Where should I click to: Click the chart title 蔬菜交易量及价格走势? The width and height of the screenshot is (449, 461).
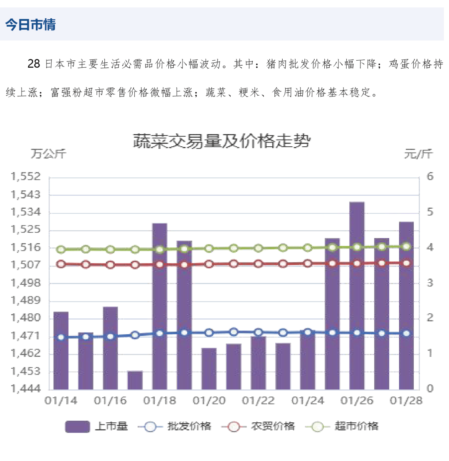pos(222,141)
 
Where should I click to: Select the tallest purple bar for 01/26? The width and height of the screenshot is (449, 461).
pos(357,295)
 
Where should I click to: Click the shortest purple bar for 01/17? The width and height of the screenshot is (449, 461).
pos(135,380)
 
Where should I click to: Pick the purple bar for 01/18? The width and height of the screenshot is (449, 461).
pos(160,306)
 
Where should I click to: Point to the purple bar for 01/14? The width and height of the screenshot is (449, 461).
pos(61,350)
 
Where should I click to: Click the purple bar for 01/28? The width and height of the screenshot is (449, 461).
pos(406,305)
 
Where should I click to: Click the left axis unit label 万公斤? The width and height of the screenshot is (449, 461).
pos(48,154)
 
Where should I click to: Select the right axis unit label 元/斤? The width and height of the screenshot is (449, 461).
pos(418,154)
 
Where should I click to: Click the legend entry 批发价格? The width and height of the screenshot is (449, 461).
pos(189,426)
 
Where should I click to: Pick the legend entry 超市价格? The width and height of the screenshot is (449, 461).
pos(357,426)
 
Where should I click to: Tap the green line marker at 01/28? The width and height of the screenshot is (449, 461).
pos(407,247)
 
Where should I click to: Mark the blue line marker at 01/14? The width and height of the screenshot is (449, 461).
pos(61,337)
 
